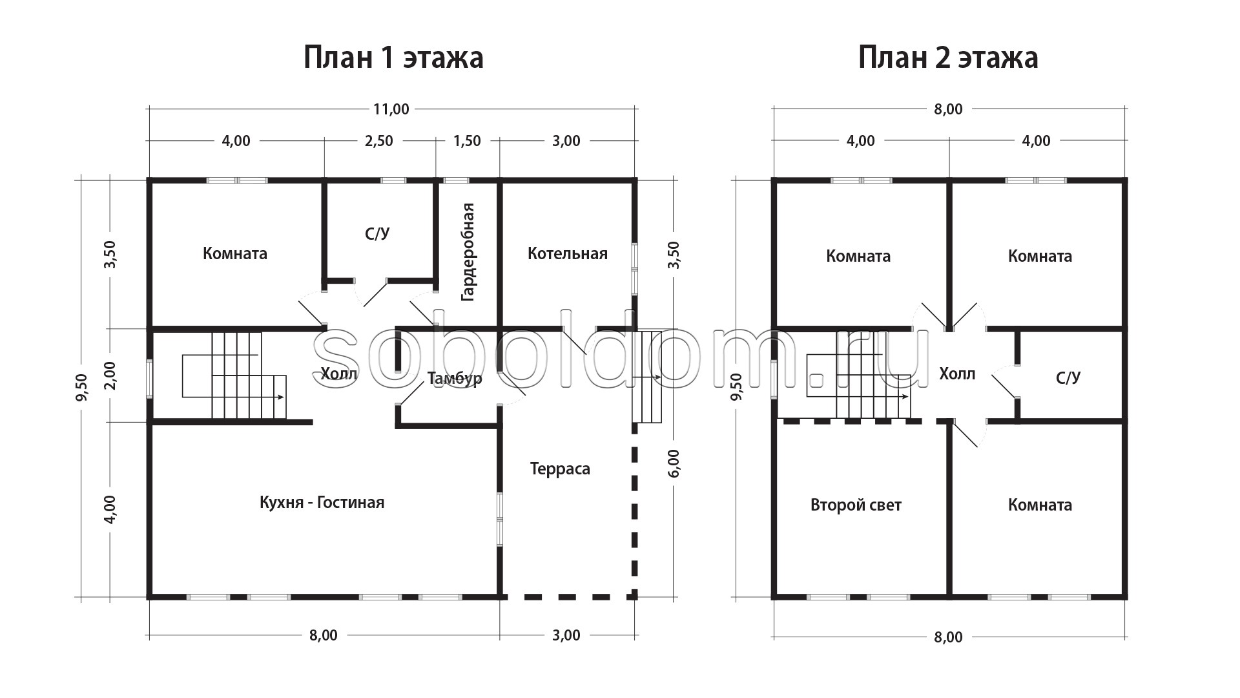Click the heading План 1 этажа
click(393, 58)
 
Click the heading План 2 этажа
click(948, 58)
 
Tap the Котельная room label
click(568, 253)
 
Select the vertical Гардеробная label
click(468, 252)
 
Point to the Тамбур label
click(455, 378)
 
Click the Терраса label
click(560, 469)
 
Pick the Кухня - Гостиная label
click(322, 502)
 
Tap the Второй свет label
click(856, 505)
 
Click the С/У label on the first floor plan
click(377, 233)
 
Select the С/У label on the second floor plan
click(1068, 377)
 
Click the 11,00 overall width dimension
click(391, 109)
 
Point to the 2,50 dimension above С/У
click(378, 141)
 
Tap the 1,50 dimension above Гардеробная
click(467, 141)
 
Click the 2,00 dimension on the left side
click(109, 375)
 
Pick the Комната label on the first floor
click(235, 253)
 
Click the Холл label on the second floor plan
click(957, 374)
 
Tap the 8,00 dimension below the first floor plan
click(323, 635)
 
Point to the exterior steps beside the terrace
click(648, 376)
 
